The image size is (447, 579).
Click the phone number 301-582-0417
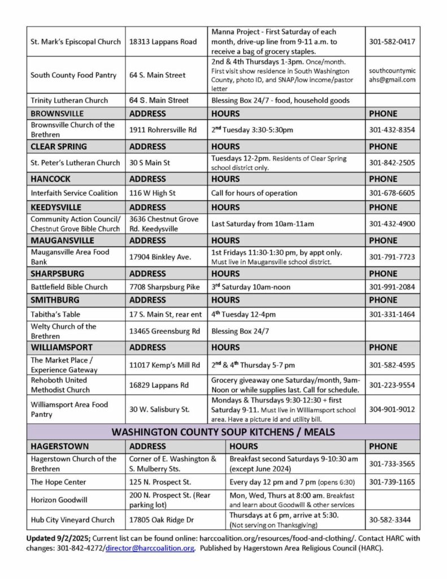point(392,42)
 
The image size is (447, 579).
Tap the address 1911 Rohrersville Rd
point(163,129)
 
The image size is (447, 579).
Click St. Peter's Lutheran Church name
point(76,163)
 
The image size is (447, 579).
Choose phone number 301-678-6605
point(392,193)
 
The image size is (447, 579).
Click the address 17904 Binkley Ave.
point(160,257)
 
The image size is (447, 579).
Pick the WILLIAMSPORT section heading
point(62,347)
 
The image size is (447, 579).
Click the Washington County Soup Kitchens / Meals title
point(223,433)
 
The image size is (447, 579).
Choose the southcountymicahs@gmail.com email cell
point(392,76)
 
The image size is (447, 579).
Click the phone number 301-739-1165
point(392,482)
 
